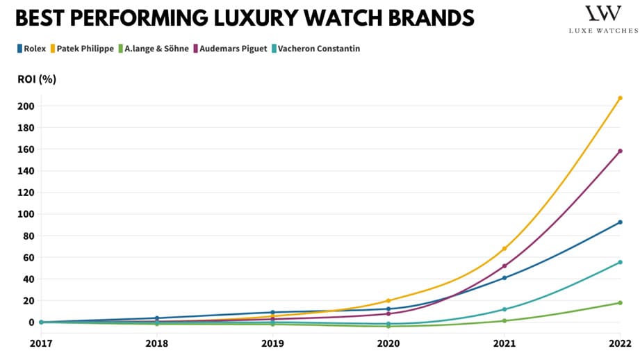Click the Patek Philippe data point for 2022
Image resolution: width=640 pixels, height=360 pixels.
[620, 98]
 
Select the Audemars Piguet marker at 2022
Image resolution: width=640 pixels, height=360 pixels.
[620, 151]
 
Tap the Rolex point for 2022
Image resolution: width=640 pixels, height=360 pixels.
[620, 222]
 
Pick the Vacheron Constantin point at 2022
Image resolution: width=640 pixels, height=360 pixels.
[620, 262]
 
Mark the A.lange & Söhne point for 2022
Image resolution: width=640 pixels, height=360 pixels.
[620, 303]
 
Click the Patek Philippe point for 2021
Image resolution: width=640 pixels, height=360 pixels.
[504, 249]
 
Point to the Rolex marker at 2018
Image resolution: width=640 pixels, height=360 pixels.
[157, 318]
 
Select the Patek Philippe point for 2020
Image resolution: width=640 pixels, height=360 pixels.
[388, 301]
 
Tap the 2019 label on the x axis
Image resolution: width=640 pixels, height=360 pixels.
[272, 343]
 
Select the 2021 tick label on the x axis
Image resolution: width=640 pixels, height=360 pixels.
[504, 343]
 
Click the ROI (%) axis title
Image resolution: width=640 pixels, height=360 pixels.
[37, 79]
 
